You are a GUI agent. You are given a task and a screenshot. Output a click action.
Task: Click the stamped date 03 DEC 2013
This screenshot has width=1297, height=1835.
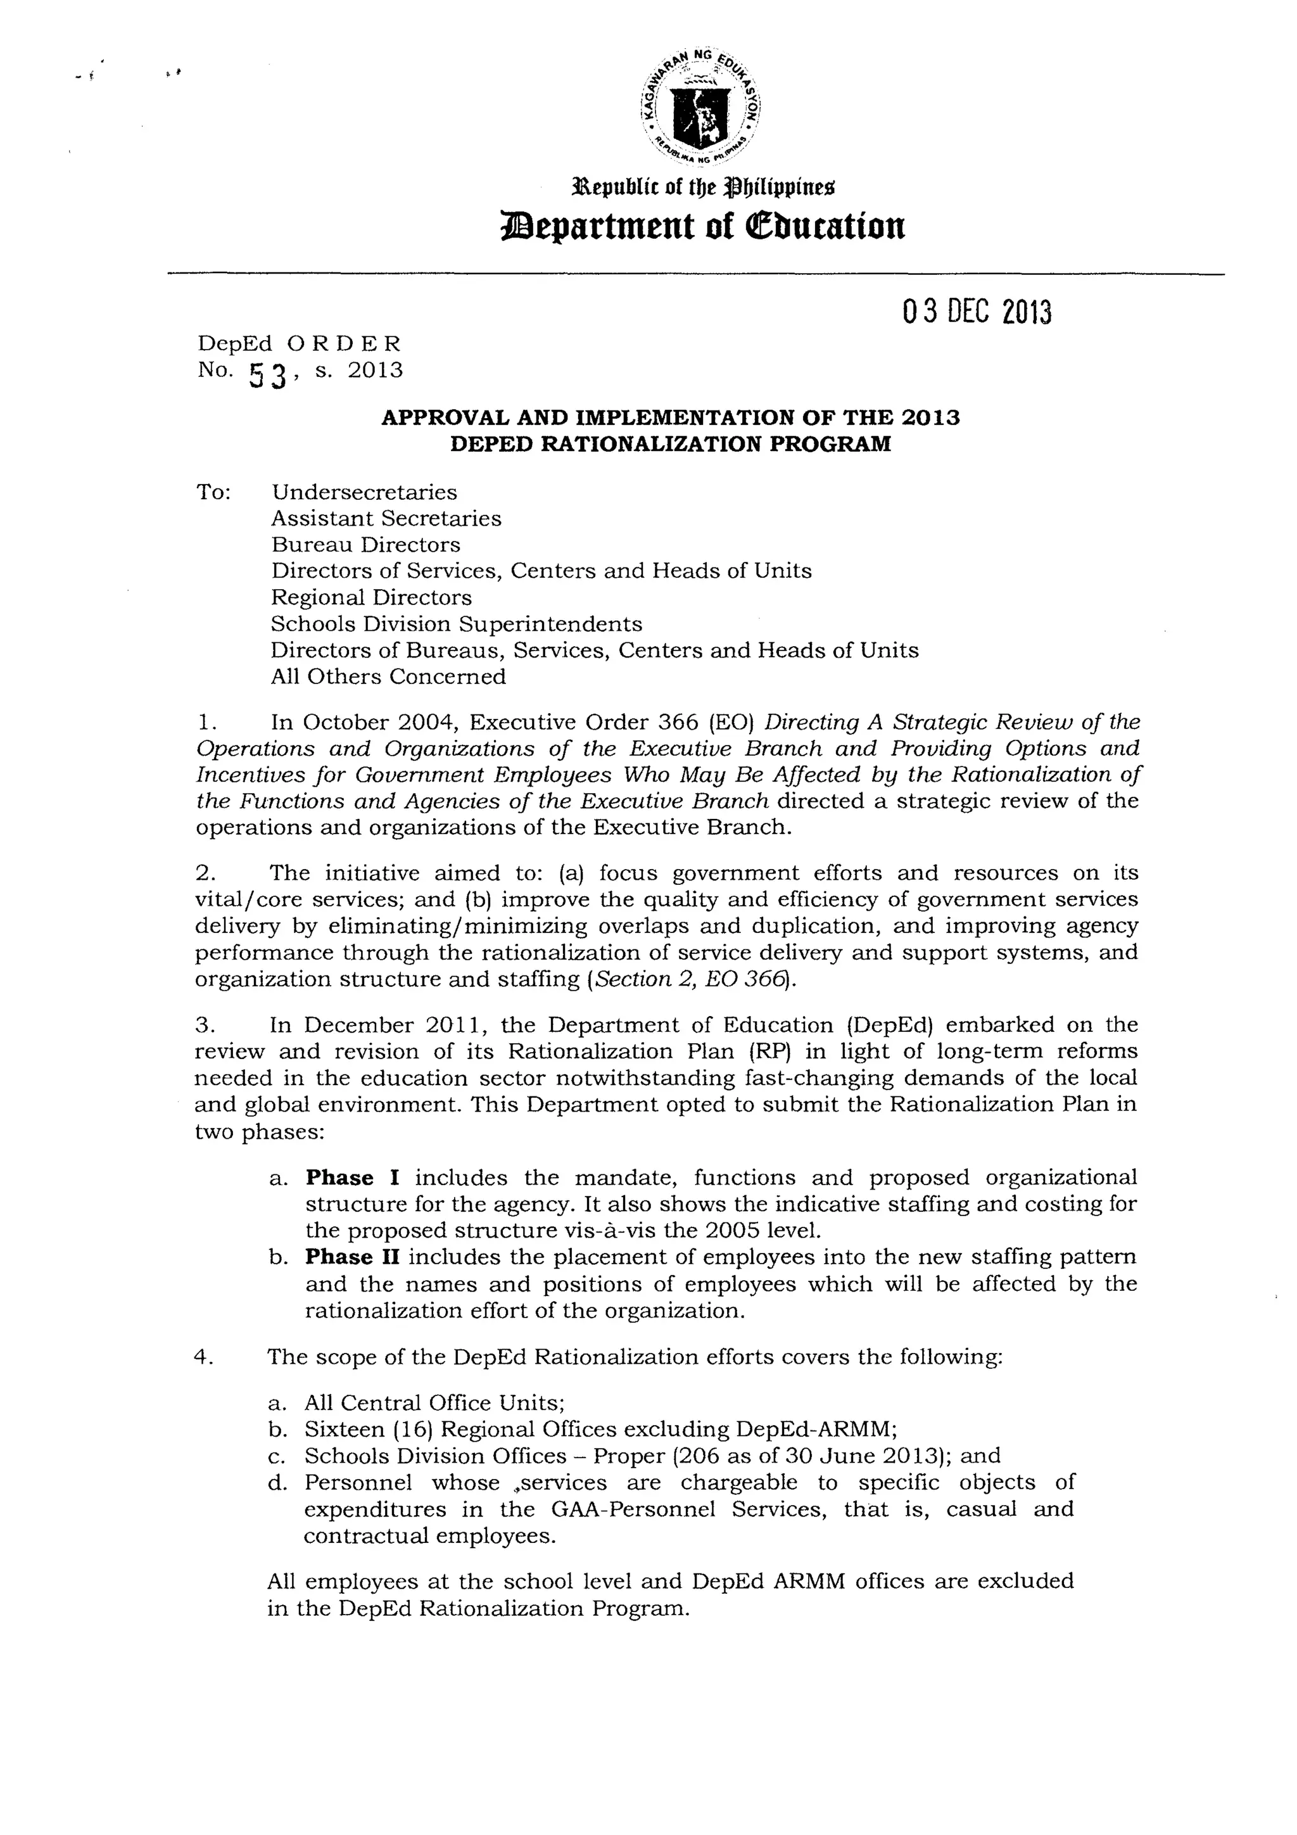point(977,312)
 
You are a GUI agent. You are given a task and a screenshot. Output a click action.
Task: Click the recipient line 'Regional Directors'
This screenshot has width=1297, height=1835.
point(372,598)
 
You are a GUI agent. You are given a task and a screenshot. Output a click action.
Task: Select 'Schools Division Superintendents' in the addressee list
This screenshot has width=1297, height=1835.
point(457,624)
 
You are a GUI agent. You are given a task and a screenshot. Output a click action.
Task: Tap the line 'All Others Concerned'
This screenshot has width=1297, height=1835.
point(388,677)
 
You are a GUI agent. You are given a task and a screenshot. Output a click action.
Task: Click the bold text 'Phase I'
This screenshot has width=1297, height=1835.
point(352,1178)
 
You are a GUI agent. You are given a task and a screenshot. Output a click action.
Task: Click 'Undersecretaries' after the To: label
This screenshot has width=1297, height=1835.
point(364,492)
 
